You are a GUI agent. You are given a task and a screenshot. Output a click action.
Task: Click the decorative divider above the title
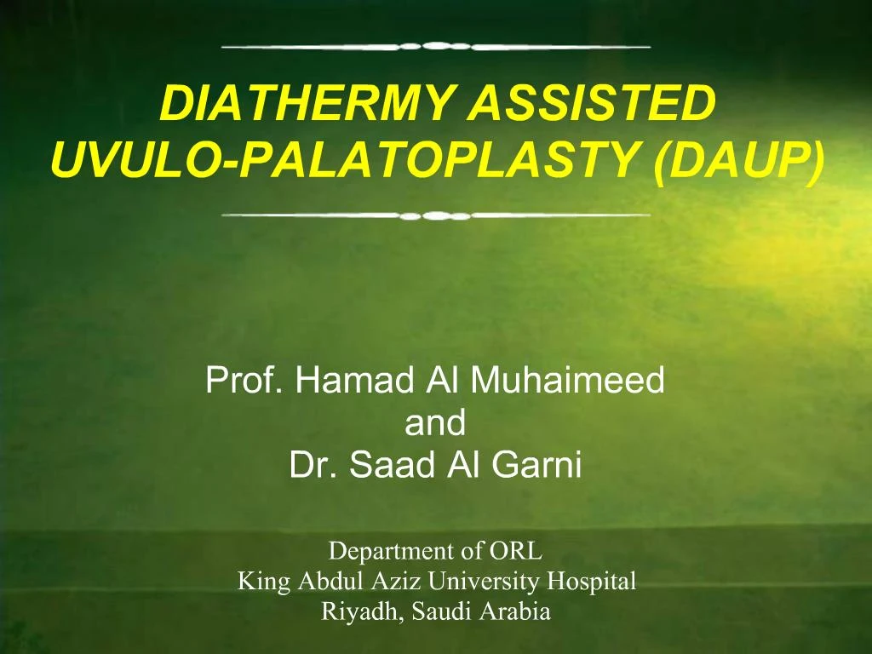(435, 46)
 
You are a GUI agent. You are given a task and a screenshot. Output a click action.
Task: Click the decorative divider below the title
(435, 215)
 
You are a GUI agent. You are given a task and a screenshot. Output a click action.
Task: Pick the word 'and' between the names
(435, 423)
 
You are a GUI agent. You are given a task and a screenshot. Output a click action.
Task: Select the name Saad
(393, 466)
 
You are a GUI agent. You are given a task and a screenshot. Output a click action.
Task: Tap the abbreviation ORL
(516, 551)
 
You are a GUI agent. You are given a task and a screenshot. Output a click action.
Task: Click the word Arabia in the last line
(520, 611)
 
